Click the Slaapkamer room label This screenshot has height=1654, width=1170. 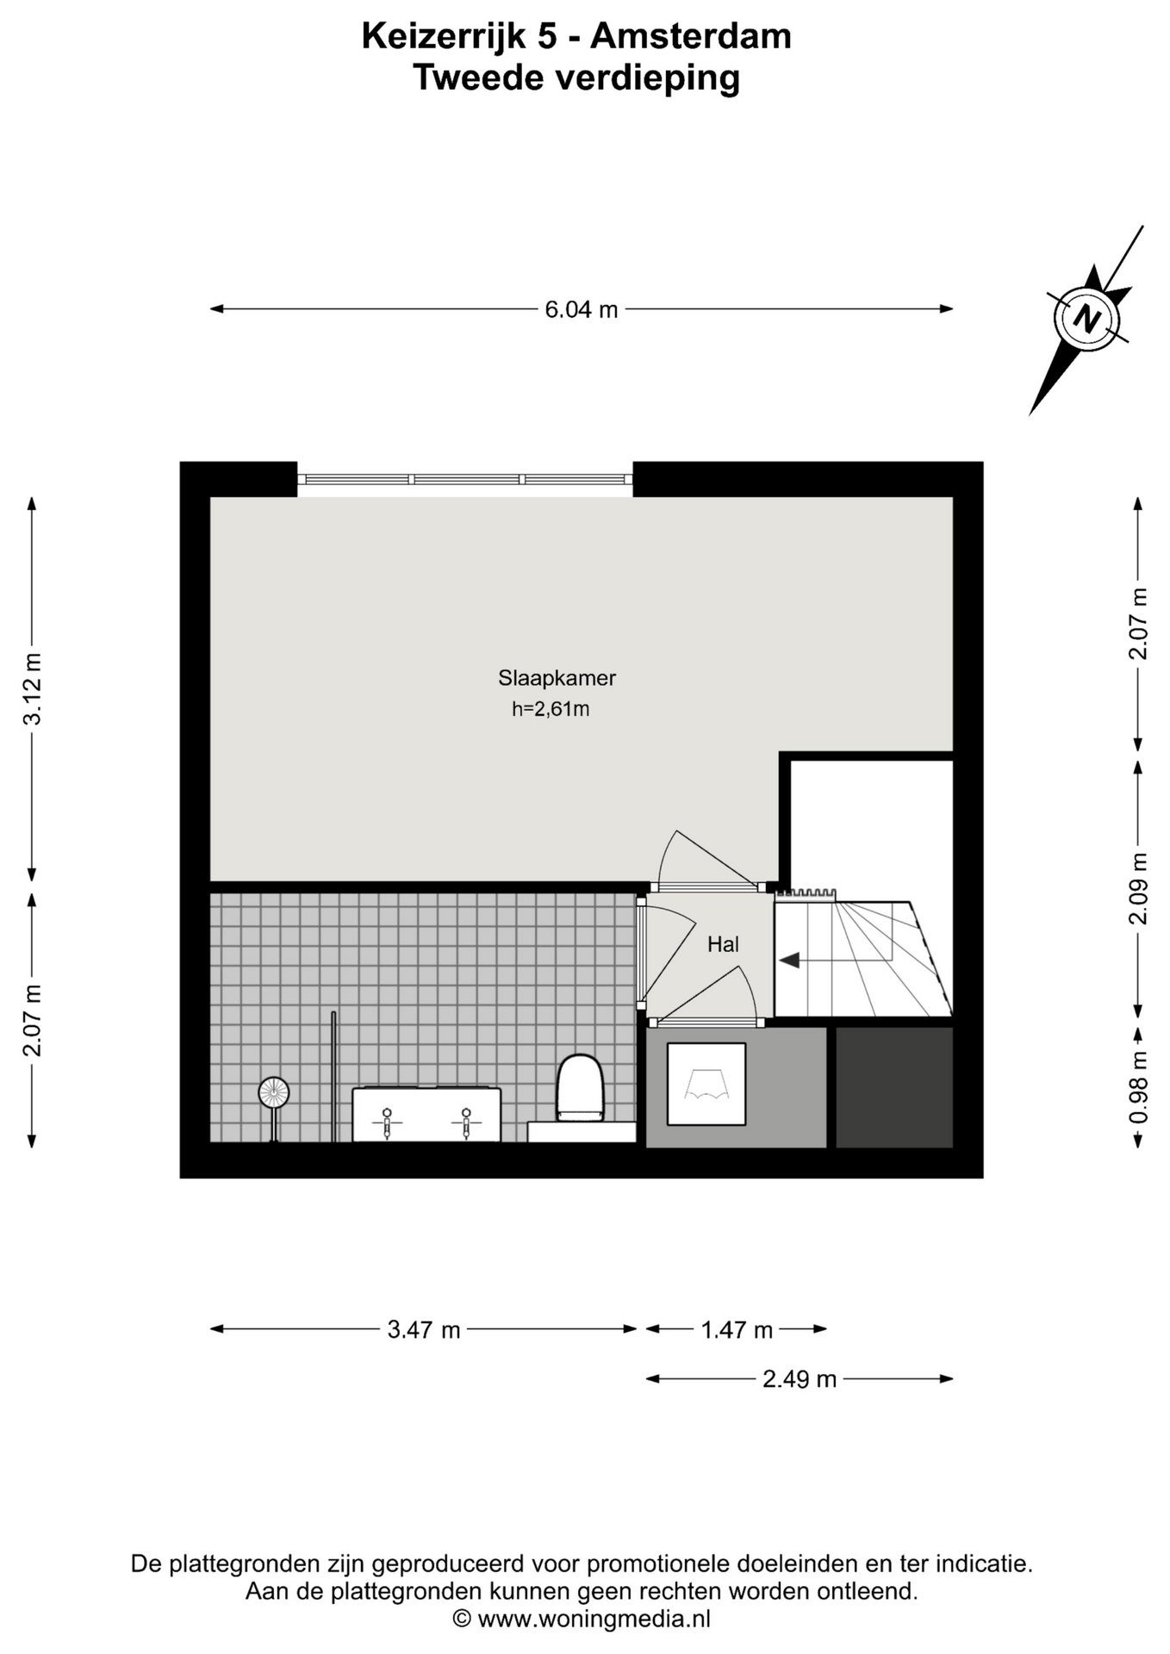[x=557, y=678]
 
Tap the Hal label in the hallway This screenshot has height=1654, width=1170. [x=723, y=944]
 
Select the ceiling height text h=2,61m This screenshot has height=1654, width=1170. [x=551, y=709]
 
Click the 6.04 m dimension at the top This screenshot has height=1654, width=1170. [x=582, y=309]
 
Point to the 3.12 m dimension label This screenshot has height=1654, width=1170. [x=32, y=689]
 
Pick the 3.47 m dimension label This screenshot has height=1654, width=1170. [x=424, y=1329]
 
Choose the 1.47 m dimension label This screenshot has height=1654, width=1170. [x=737, y=1329]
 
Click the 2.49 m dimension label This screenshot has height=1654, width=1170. [x=800, y=1379]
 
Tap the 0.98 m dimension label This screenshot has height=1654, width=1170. [x=1138, y=1087]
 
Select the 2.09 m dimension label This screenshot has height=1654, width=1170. [x=1138, y=888]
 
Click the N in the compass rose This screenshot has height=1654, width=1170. [x=1087, y=320]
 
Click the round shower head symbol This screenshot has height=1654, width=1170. [x=274, y=1093]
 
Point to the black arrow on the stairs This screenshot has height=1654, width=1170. [x=789, y=960]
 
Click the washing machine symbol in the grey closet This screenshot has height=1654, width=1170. [x=706, y=1084]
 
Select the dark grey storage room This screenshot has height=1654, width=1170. [x=894, y=1087]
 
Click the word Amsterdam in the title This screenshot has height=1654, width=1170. [x=691, y=37]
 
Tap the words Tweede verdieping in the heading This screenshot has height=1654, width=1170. [x=576, y=78]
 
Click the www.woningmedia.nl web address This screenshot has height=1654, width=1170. [x=594, y=1619]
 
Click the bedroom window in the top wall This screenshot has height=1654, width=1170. [x=465, y=480]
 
